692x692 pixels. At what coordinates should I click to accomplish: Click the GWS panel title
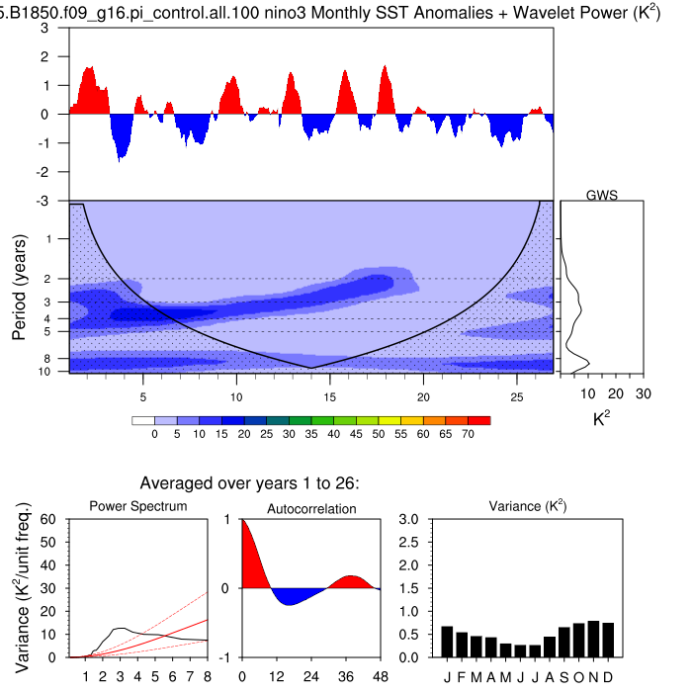tap(602, 195)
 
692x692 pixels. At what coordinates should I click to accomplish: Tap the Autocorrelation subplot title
tap(311, 507)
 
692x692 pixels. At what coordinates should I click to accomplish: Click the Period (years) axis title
tap(19, 287)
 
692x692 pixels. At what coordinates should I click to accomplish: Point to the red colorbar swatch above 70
tap(480, 420)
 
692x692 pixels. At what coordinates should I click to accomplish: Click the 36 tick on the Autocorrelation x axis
tap(346, 676)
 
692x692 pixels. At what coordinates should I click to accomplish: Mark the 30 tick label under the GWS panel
tap(644, 393)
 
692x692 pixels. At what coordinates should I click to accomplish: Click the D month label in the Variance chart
tap(609, 676)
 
